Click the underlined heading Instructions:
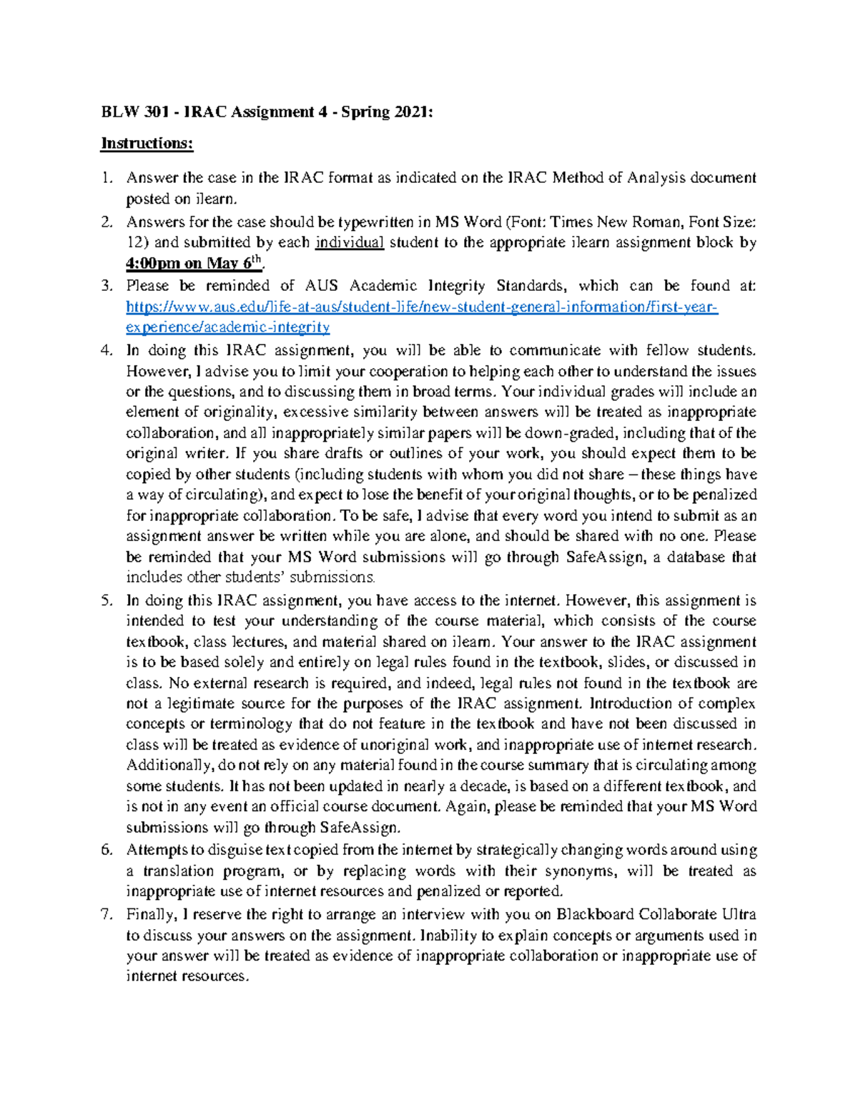tap(147, 144)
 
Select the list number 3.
tap(107, 286)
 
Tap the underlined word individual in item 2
tap(350, 242)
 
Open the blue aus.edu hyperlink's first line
tap(421, 307)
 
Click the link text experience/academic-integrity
tap(227, 328)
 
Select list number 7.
tap(107, 914)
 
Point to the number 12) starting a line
tap(138, 242)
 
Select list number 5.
tap(107, 600)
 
